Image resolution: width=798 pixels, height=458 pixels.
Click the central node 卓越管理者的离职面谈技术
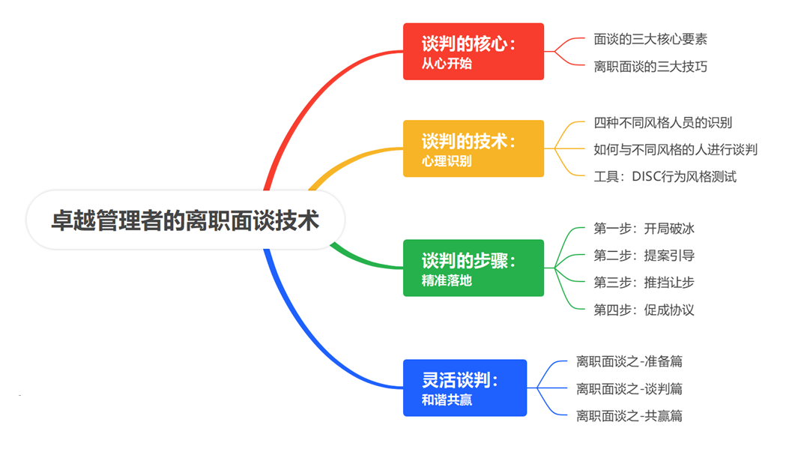185,221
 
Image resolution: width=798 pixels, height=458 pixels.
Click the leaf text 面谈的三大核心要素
650,39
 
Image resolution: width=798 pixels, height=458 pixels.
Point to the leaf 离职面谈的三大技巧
650,67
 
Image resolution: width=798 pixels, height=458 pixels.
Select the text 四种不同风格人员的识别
662,122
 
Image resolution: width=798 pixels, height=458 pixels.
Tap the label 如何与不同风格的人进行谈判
675,149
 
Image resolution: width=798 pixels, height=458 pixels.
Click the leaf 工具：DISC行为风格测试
665,177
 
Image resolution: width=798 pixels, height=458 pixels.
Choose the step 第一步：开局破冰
644,228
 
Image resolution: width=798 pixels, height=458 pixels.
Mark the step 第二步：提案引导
644,256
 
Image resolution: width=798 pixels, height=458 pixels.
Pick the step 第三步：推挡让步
644,283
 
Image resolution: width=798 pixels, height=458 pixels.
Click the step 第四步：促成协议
644,310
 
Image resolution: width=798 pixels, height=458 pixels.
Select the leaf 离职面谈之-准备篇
629,361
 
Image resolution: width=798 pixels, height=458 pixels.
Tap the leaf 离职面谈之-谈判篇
629,388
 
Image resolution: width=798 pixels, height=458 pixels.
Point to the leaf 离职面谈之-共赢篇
629,415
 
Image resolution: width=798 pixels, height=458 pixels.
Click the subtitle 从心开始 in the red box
447,64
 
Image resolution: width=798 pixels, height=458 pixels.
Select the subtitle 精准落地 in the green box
447,281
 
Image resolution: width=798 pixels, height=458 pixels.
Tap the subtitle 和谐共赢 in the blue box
447,400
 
